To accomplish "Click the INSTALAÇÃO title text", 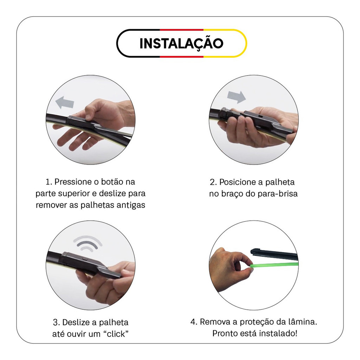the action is pos(181,43).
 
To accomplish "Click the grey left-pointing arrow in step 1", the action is pos(65,102).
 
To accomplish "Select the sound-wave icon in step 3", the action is pos(88,243).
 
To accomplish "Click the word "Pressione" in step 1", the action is pos(73,182).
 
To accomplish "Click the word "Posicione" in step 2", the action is pos(237,182).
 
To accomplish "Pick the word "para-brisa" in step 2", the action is pos(277,194).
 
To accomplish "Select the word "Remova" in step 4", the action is pos(215,322).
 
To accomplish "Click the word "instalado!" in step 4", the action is pos(278,333).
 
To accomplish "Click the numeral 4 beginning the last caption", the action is pos(193,322).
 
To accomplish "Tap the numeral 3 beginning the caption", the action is pos(55,323).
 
